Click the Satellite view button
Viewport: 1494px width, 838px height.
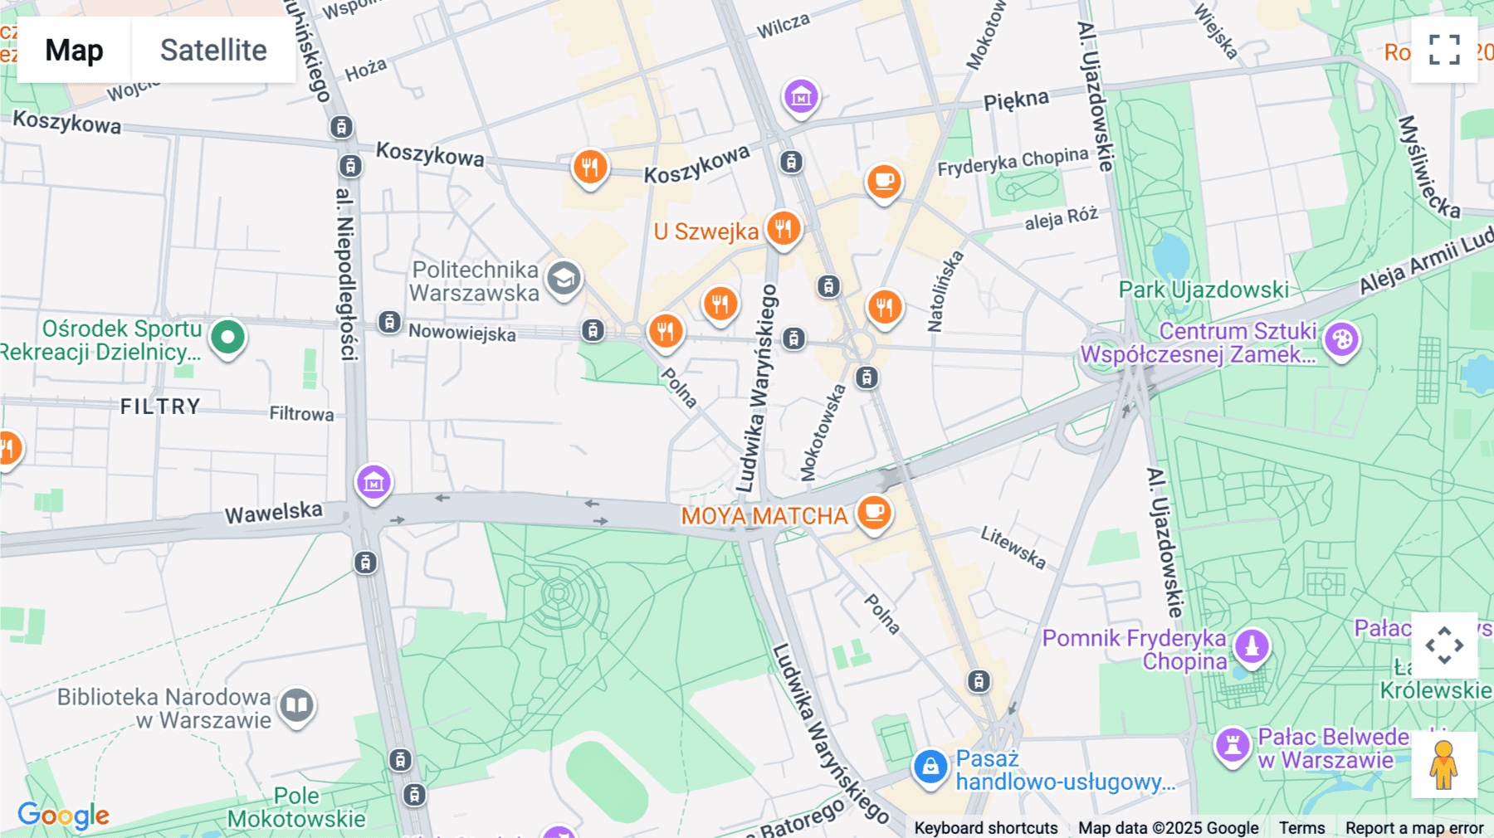coord(213,50)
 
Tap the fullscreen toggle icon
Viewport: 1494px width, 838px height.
coord(1444,50)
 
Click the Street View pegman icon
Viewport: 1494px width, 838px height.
coord(1444,765)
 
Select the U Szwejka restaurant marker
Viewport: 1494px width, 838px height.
coord(783,228)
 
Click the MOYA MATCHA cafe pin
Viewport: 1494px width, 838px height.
coord(873,512)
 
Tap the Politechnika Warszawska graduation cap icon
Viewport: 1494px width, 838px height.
coord(564,279)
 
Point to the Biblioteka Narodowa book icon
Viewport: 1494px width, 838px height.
coord(296,706)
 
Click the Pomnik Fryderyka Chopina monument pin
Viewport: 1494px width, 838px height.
coord(1252,646)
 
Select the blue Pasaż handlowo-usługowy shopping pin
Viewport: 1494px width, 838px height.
coord(930,767)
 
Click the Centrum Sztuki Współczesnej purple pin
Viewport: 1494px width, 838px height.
coord(1341,339)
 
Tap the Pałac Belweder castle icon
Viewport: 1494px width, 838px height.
coord(1233,744)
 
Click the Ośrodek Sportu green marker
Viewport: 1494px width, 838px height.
coord(227,337)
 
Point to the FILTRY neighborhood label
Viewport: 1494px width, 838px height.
coord(160,407)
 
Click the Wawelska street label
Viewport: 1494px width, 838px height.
coord(273,513)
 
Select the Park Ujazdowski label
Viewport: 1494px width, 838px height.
coord(1203,290)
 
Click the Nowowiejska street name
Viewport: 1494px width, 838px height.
coord(461,333)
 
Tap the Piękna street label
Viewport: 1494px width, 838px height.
coord(1016,100)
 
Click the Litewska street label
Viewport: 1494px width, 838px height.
coord(1013,548)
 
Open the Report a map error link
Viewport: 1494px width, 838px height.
coord(1414,828)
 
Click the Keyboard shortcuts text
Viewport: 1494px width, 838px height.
coord(985,828)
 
